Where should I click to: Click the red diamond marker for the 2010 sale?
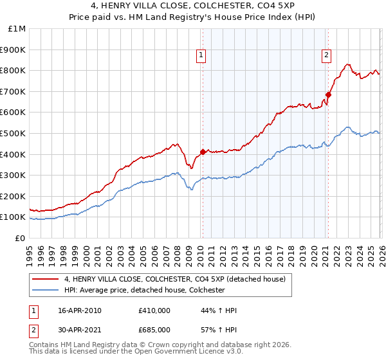[x=203, y=152]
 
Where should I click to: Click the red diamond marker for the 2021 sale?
[x=328, y=94]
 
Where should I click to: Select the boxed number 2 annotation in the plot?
[x=327, y=55]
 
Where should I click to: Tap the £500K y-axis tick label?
[x=14, y=133]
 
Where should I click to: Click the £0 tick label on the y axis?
[x=20, y=238]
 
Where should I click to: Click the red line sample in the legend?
[x=46, y=279]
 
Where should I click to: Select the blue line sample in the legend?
[x=46, y=290]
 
